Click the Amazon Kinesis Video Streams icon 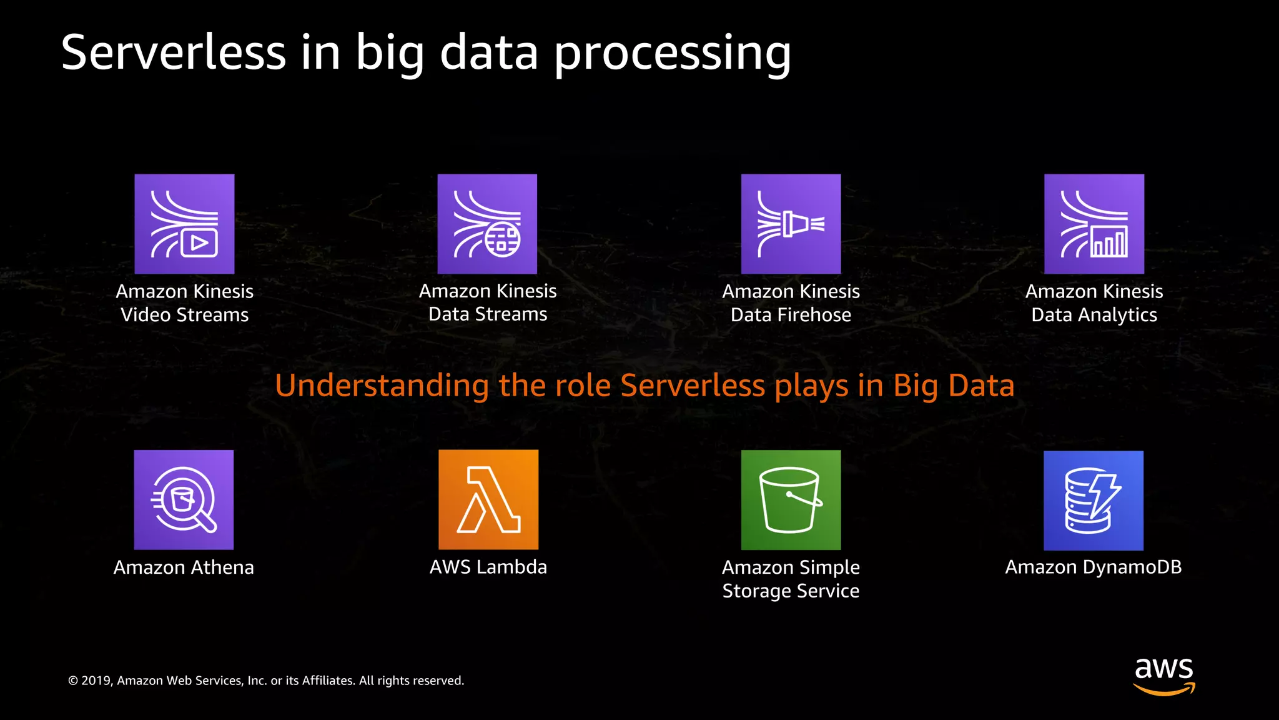click(184, 224)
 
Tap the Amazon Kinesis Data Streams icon click(487, 224)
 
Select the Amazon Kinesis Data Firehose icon click(791, 224)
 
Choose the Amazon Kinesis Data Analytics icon click(1094, 224)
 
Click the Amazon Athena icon click(184, 500)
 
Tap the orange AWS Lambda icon click(488, 500)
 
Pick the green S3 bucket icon click(791, 500)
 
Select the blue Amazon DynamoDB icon click(1094, 501)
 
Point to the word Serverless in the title click(174, 52)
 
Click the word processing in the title click(673, 54)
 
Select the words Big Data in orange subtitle click(954, 386)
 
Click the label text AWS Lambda click(488, 567)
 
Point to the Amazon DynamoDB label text click(1094, 567)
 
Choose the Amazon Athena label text click(184, 567)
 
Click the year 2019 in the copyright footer click(96, 681)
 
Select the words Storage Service click(791, 591)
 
